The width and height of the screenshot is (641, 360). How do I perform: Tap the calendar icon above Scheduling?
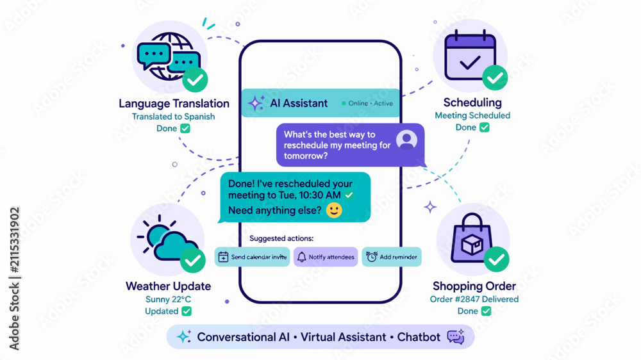pyautogui.click(x=470, y=54)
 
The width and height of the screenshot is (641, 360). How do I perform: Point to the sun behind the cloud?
pyautogui.click(x=156, y=234)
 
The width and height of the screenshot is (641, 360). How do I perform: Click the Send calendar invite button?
pyautogui.click(x=252, y=257)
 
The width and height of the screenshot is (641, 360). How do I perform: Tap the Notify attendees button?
pyautogui.click(x=326, y=257)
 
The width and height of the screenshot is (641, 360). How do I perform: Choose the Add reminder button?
pyautogui.click(x=392, y=257)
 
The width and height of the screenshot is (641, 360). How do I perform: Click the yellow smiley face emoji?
pyautogui.click(x=334, y=210)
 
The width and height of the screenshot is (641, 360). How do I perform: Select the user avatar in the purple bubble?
pyautogui.click(x=406, y=140)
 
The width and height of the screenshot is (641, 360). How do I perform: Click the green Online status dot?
pyautogui.click(x=344, y=103)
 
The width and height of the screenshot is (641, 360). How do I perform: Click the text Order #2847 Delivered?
pyautogui.click(x=474, y=299)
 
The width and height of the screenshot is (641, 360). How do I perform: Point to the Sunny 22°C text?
pyautogui.click(x=168, y=299)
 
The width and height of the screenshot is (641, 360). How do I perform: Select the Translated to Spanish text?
pyautogui.click(x=173, y=117)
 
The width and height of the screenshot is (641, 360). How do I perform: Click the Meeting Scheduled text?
pyautogui.click(x=472, y=115)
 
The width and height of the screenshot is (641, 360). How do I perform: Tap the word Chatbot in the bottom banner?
pyautogui.click(x=419, y=337)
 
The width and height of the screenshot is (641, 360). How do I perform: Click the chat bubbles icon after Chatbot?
pyautogui.click(x=456, y=336)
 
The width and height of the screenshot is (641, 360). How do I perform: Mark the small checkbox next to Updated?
pyautogui.click(x=187, y=311)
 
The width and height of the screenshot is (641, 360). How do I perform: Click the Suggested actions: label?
pyautogui.click(x=281, y=238)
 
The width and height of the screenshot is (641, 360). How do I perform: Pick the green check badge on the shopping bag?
pyautogui.click(x=496, y=259)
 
